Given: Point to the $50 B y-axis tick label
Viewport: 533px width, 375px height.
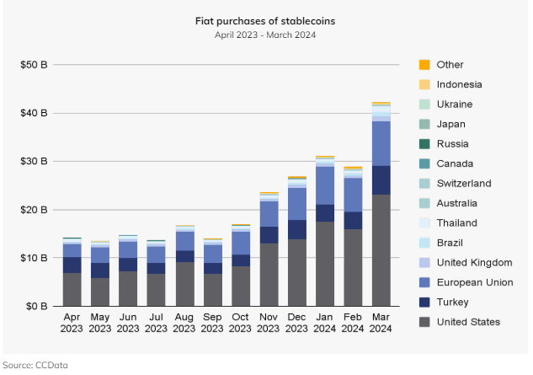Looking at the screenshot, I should pos(35,65).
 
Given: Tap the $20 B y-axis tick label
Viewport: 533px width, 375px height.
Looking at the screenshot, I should pos(35,210).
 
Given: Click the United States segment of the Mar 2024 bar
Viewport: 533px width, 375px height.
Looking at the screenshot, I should pos(381,250).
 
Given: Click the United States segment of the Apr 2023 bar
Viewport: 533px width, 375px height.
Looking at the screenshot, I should pos(72,289).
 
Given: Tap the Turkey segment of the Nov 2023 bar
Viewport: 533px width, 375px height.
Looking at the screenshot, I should pos(269,235).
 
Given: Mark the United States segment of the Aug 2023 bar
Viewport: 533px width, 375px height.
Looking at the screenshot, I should pos(184,284).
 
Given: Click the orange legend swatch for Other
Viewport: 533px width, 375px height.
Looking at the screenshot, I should pos(424,65).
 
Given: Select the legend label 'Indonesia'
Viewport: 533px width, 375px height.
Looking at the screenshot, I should pos(460,84).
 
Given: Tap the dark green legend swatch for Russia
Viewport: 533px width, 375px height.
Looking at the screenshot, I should pos(424,144).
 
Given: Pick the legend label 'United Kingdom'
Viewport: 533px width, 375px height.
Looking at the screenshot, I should pos(475,262).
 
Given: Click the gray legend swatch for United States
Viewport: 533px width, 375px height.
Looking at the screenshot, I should pos(424,322).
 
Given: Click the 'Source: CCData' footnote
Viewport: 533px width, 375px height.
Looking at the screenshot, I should pos(35,365).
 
